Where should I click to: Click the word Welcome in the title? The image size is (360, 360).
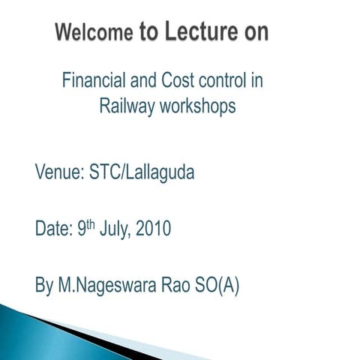(94, 33)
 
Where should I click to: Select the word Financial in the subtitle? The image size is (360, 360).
(91, 80)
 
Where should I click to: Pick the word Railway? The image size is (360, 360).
(126, 106)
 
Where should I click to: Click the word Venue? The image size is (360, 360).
(58, 172)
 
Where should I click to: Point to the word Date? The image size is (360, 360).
(53, 228)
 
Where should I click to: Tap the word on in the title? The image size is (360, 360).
(253, 32)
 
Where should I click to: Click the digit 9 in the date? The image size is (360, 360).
(82, 228)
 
